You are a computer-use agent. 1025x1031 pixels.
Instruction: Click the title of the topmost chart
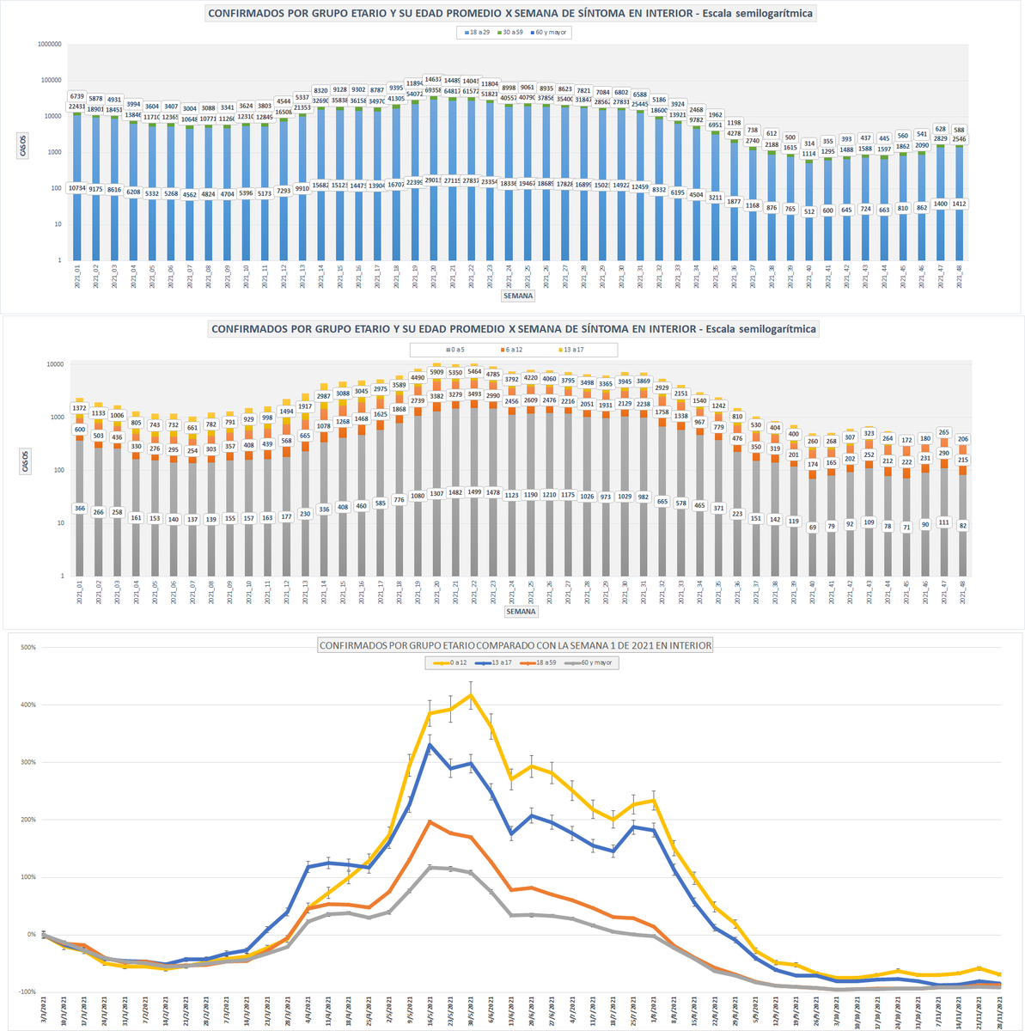point(510,13)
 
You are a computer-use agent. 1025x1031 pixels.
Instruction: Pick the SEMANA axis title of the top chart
point(519,296)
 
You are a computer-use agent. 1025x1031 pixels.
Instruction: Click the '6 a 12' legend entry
point(512,350)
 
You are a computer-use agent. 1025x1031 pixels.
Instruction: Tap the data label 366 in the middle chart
point(79,508)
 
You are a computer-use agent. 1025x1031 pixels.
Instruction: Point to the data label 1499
point(474,491)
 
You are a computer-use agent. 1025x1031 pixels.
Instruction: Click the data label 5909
point(436,372)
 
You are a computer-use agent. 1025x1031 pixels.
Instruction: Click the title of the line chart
point(516,645)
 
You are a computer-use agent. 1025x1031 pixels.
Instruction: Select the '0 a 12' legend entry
point(452,662)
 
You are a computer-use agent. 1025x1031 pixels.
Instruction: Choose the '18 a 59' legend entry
point(546,662)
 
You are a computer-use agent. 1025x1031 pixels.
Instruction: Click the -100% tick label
point(27,991)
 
